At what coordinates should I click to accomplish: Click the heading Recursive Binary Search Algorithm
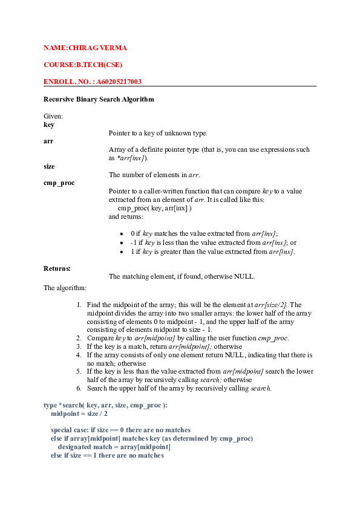tap(99, 99)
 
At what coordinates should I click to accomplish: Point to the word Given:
tap(53, 116)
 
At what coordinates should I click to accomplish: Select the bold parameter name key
tap(49, 125)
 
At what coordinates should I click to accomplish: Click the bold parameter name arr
tap(48, 141)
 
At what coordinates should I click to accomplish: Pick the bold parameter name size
tap(50, 166)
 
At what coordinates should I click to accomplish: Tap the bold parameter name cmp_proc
tap(59, 183)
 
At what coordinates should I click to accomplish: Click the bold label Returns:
tap(57, 268)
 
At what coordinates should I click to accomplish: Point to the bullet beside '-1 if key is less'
tap(122, 242)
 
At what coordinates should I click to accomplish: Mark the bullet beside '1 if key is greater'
tap(122, 251)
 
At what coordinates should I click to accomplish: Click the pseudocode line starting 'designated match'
tap(114, 447)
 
